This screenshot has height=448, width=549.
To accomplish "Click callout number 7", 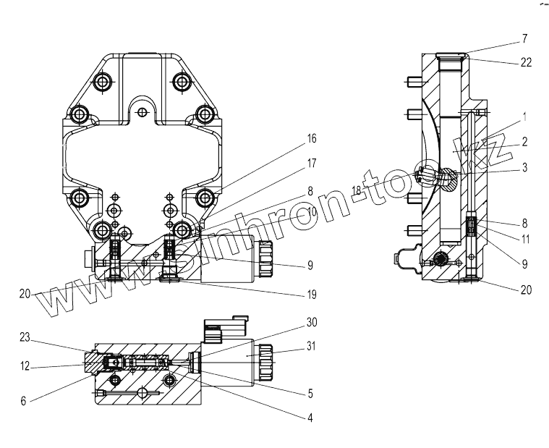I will [525, 38].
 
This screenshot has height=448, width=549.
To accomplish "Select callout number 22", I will [526, 62].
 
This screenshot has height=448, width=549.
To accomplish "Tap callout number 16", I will [311, 138].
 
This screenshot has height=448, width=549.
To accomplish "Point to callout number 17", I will [311, 164].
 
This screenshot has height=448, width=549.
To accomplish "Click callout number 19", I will [311, 295].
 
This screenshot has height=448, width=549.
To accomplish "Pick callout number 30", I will [311, 321].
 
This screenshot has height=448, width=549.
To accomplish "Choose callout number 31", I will [311, 346].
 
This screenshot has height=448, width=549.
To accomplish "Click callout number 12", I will [25, 367].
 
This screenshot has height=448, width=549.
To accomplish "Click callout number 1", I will [525, 116].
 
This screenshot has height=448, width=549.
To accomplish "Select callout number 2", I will [525, 142].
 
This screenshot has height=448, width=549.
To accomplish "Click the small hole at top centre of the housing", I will [142, 111].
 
